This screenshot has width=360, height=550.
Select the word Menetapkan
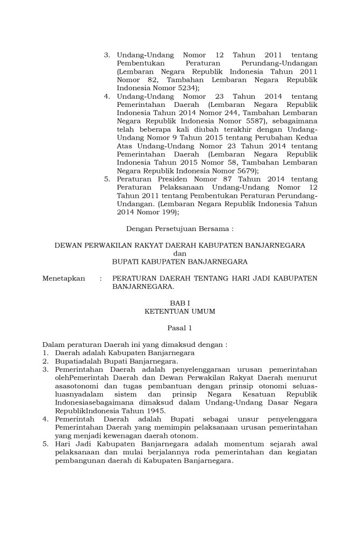tap(64, 278)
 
